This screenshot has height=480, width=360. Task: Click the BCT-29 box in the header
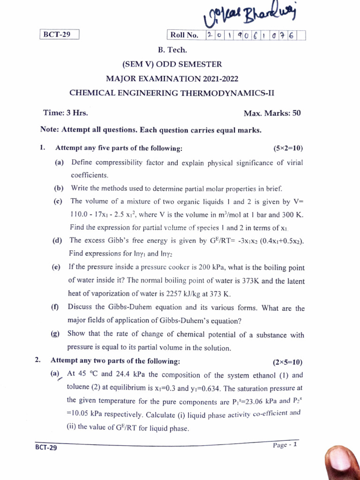[59, 34]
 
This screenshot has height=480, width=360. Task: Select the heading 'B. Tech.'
[172, 50]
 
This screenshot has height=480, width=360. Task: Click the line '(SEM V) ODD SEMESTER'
[172, 64]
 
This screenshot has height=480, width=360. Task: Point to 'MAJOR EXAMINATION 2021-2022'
[172, 78]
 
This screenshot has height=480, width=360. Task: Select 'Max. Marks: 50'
[272, 113]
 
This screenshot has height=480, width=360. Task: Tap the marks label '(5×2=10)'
[288, 149]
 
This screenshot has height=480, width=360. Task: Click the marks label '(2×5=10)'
[287, 362]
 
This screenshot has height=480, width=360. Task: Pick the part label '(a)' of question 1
[59, 162]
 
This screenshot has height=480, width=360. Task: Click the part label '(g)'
[55, 334]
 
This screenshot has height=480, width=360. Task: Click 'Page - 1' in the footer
[285, 445]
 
